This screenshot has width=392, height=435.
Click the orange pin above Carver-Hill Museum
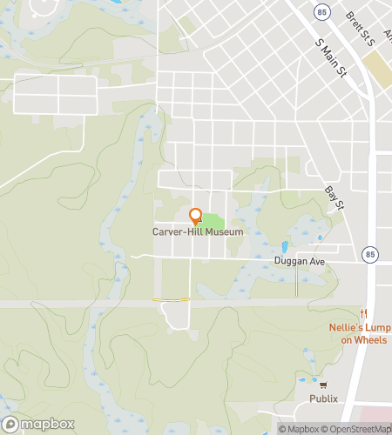195,217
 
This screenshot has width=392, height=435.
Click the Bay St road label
335,199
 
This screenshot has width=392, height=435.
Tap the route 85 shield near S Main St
322,13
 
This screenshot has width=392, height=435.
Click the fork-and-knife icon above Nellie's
364,313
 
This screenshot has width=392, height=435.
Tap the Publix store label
322,398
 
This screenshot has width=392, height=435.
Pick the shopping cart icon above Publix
323,385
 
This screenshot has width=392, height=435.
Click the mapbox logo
37,425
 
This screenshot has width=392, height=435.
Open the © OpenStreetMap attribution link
358,428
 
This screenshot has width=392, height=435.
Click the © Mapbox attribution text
298,428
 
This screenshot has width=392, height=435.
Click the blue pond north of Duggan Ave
284,246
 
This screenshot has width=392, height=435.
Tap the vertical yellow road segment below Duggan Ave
296,281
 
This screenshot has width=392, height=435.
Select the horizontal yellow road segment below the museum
172,299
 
